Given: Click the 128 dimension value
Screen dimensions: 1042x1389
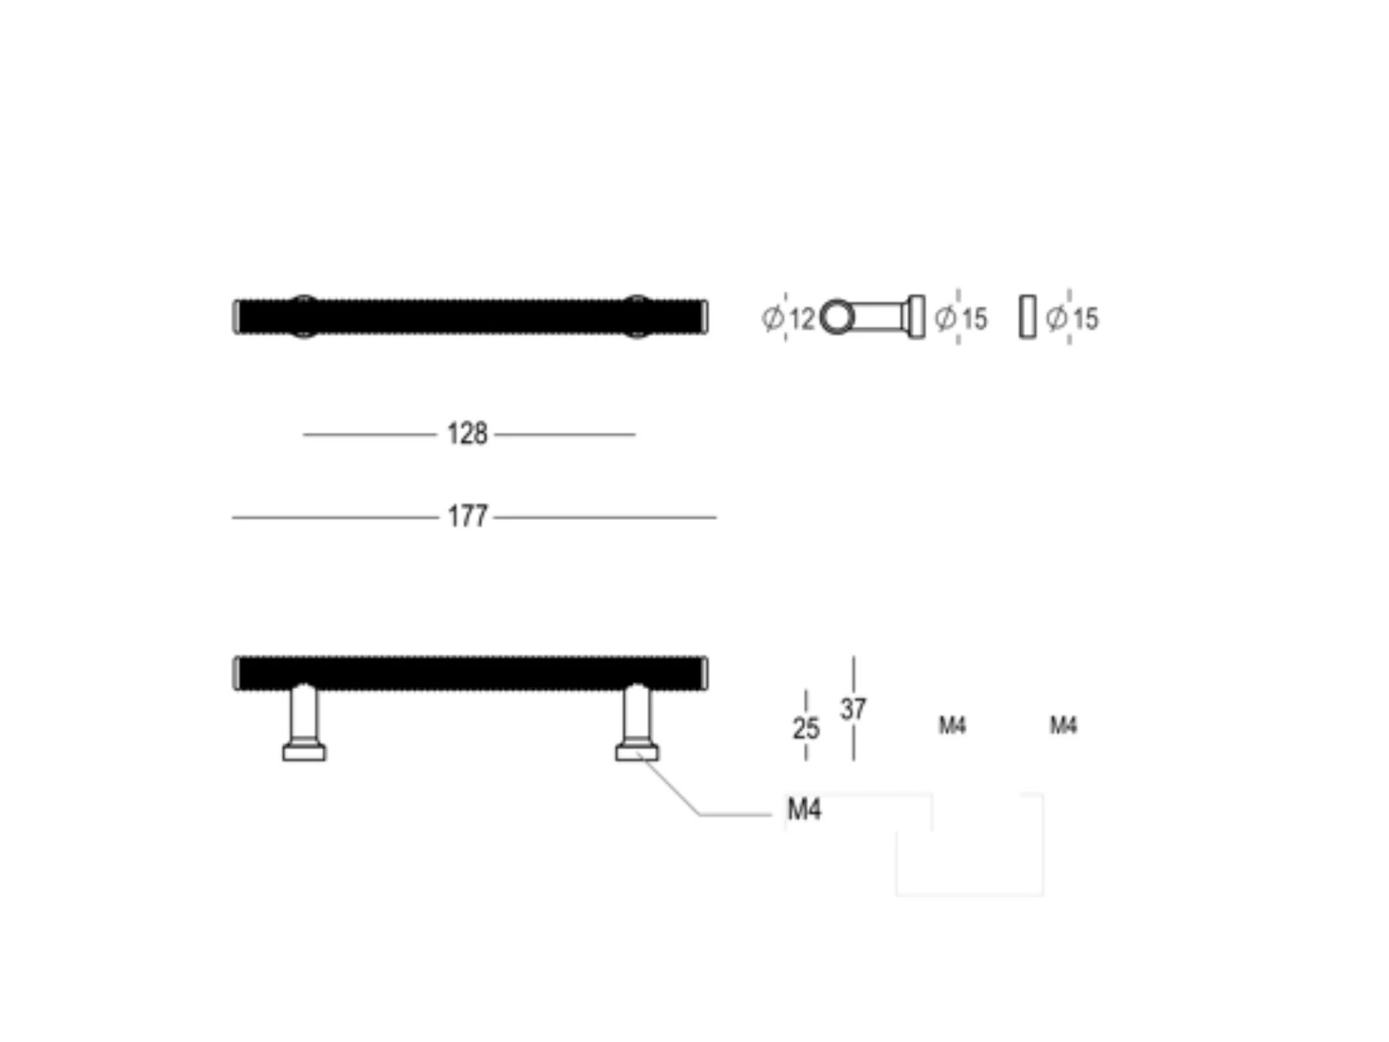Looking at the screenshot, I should (467, 434).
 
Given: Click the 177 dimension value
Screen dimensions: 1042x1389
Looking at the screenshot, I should (467, 517).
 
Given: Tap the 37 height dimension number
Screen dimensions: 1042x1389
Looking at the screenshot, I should (853, 709).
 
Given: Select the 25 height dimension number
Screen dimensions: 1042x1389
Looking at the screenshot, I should (806, 729).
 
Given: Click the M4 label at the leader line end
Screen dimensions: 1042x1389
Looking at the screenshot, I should (804, 810).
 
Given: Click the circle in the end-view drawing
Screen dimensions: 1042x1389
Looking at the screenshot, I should (837, 318).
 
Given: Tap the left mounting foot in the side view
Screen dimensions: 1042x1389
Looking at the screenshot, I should (304, 753).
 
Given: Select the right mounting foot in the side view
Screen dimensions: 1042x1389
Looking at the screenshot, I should (637, 753).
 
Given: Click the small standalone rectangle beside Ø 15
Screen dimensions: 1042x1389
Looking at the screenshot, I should (1027, 317).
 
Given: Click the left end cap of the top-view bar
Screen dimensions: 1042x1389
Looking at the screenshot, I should (236, 317).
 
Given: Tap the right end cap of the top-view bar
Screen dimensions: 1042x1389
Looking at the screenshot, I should (704, 317).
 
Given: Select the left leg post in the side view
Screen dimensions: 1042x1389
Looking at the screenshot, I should (305, 713).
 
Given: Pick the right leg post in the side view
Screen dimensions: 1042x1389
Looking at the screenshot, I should (636, 713).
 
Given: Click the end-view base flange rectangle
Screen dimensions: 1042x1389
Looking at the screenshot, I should (916, 317).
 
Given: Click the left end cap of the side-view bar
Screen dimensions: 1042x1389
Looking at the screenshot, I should (236, 673).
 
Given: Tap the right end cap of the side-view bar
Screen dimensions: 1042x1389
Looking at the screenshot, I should (704, 673).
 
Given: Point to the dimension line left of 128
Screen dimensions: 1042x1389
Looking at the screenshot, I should (369, 434).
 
